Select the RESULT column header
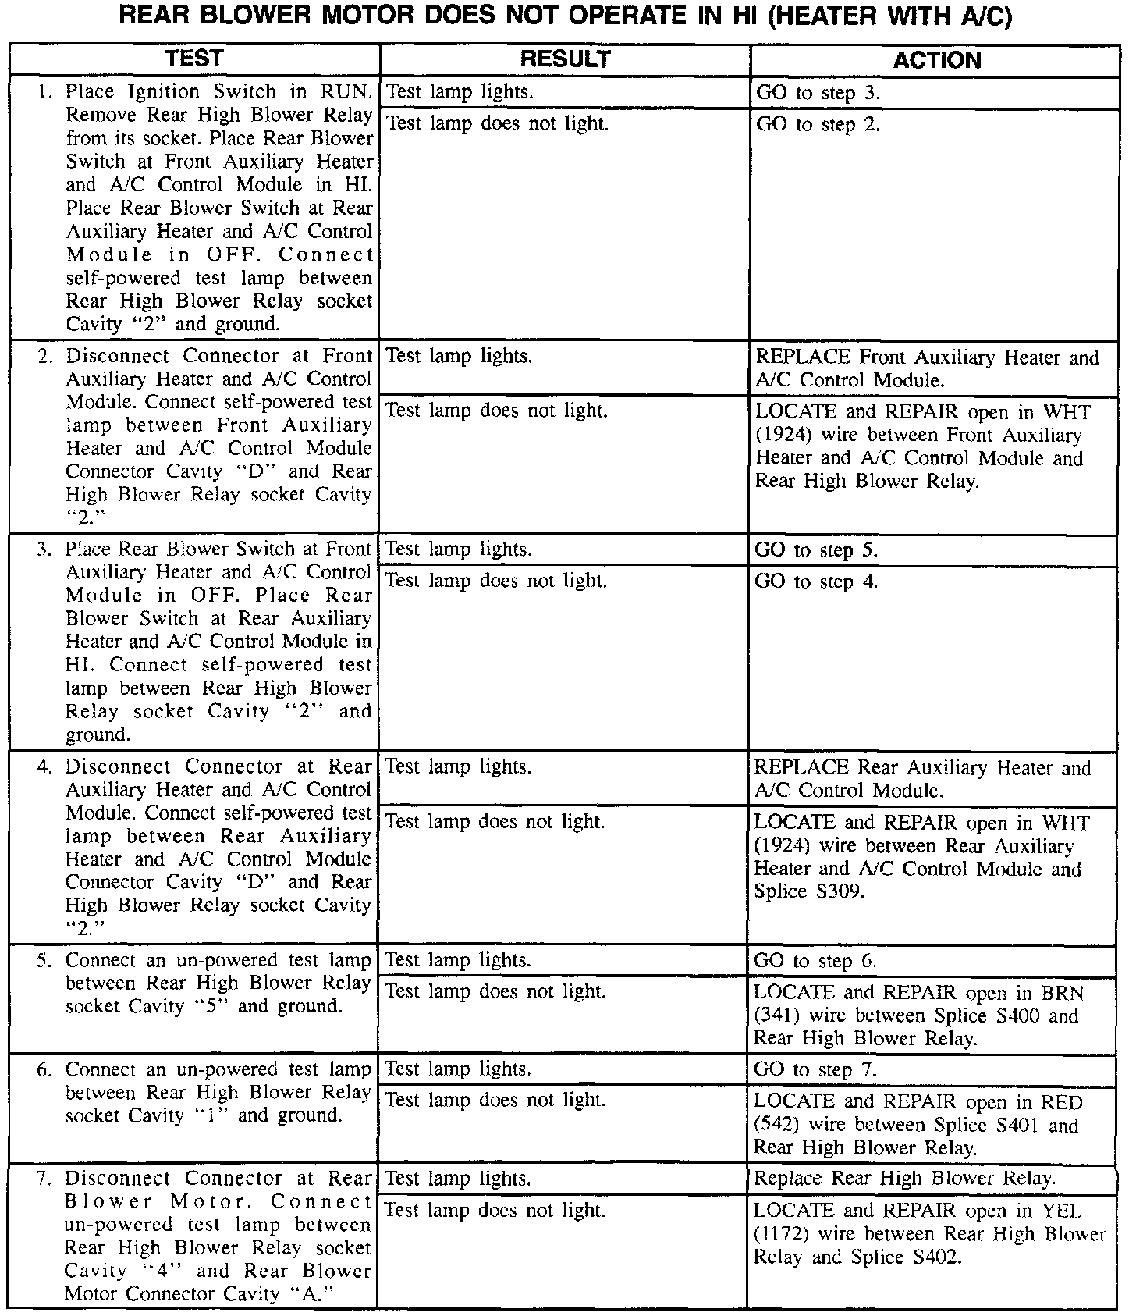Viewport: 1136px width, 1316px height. click(565, 59)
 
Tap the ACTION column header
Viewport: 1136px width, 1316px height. click(936, 60)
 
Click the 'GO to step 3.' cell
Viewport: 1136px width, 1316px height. click(818, 93)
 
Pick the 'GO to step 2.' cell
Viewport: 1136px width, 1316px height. click(818, 124)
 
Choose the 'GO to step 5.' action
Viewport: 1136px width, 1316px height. click(816, 550)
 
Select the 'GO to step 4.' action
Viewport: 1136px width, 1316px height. click(816, 582)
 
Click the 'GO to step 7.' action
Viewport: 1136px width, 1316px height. click(815, 1070)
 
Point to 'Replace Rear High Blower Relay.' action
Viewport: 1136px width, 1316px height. click(905, 1179)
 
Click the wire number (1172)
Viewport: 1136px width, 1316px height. click(781, 1234)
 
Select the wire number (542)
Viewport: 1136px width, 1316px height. click(778, 1126)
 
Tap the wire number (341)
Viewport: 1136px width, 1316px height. click(778, 1016)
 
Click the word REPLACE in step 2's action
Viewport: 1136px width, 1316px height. click(804, 357)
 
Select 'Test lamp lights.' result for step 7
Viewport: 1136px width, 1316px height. click(458, 1179)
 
